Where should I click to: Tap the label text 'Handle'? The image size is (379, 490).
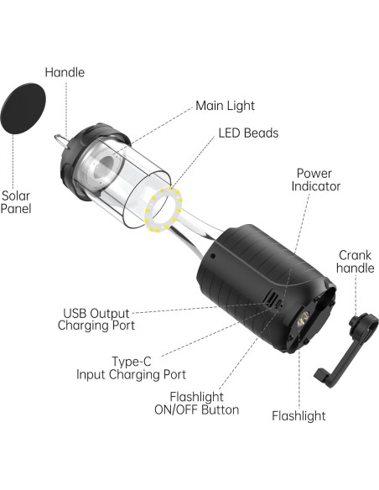pos(65,72)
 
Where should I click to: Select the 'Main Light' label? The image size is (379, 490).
pos(225,106)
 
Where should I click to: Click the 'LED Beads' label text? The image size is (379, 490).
pos(248,133)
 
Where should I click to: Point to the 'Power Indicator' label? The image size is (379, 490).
pos(317,180)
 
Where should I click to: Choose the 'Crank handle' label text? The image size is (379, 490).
pos(356,262)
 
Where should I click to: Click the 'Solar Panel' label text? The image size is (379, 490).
pos(16,201)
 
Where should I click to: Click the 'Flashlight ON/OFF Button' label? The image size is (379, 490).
pos(204,403)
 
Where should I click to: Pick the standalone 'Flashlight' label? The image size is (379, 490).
pos(299,415)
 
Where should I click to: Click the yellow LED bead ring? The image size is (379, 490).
pos(164,210)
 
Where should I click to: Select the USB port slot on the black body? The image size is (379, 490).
pos(270,299)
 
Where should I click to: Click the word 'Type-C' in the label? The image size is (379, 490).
pos(131,361)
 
